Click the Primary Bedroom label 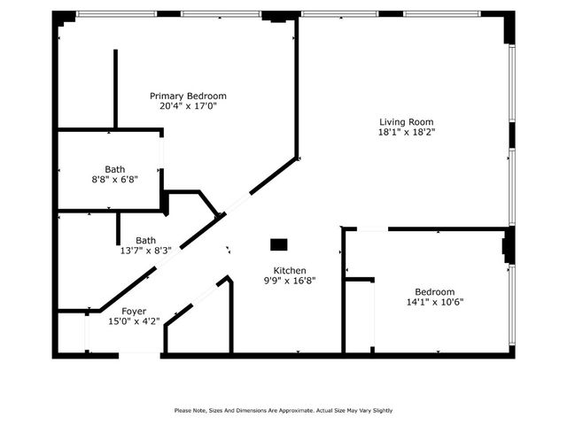[x=188, y=96]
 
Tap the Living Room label [x=407, y=122]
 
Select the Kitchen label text [x=290, y=271]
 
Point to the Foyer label [x=134, y=312]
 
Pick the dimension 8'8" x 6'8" [x=115, y=179]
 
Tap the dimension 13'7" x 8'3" [x=146, y=251]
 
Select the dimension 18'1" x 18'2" [x=407, y=132]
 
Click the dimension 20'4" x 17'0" [x=188, y=105]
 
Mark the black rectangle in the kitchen [x=279, y=243]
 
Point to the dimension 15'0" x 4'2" [x=134, y=322]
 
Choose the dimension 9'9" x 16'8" [x=290, y=281]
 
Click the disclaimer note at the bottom [x=283, y=410]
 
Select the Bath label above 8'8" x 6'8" [x=115, y=169]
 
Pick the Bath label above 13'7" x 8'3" [x=146, y=240]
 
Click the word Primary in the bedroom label [x=166, y=96]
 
